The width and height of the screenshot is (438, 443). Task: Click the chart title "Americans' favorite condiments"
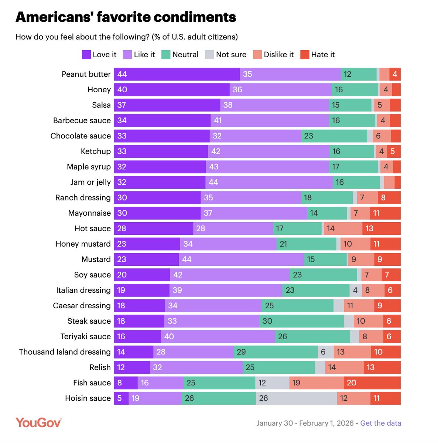pyautogui.click(x=126, y=17)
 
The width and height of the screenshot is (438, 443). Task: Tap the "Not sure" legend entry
pyautogui.click(x=226, y=55)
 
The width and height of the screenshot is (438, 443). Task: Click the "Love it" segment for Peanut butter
pyautogui.click(x=177, y=74)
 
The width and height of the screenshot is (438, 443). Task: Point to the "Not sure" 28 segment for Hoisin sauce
pyautogui.click(x=296, y=398)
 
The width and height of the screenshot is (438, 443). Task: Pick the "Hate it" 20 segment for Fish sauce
pyautogui.click(x=372, y=383)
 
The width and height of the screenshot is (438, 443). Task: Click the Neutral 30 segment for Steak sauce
pyautogui.click(x=301, y=321)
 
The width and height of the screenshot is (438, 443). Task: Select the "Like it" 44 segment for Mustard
pyautogui.click(x=242, y=260)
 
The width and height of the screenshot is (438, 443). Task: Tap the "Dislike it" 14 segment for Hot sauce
pyautogui.click(x=343, y=229)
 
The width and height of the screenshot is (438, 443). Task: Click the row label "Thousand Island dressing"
pyautogui.click(x=65, y=352)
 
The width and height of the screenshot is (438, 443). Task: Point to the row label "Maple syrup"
pyautogui.click(x=89, y=167)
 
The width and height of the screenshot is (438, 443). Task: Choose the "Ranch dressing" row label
pyautogui.click(x=83, y=198)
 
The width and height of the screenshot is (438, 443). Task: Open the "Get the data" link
pyautogui.click(x=380, y=423)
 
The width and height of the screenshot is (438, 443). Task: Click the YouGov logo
pyautogui.click(x=38, y=422)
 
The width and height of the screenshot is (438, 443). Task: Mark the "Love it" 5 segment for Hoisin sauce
pyautogui.click(x=121, y=398)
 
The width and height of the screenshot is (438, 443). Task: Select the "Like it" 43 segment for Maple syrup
pyautogui.click(x=267, y=167)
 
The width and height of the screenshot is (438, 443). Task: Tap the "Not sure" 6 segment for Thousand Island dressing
pyautogui.click(x=326, y=352)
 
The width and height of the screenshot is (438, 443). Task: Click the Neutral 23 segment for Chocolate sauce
pyautogui.click(x=334, y=136)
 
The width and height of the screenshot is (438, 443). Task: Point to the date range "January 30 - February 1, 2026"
pyautogui.click(x=305, y=423)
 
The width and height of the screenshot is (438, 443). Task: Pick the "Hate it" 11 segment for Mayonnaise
pyautogui.click(x=385, y=213)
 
